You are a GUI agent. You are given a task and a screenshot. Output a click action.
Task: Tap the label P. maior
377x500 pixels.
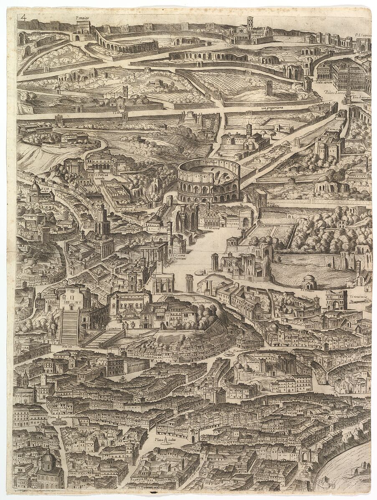point(83,17)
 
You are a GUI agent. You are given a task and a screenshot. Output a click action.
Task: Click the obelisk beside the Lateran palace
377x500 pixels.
point(348,94)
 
